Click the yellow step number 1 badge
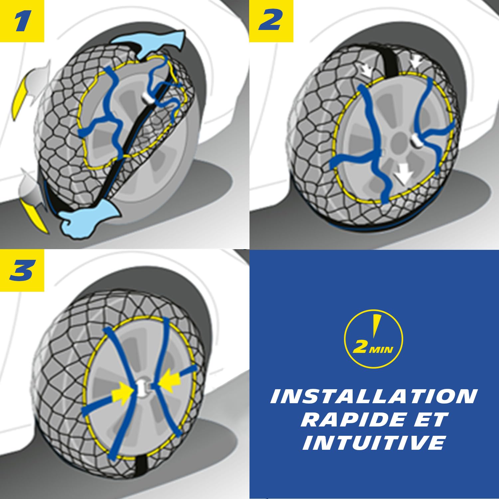tap(22, 21)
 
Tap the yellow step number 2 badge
tap(271, 21)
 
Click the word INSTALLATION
tap(374, 397)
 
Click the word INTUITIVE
tap(374, 443)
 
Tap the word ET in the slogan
tap(429, 419)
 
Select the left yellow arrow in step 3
tap(122, 395)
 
